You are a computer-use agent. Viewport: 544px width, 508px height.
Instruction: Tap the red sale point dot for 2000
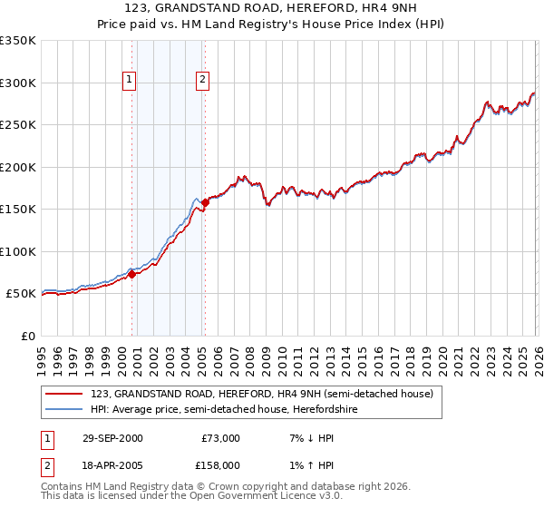(132, 274)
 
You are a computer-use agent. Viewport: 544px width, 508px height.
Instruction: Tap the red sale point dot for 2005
(205, 202)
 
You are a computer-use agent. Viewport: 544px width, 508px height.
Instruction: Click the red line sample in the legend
(65, 394)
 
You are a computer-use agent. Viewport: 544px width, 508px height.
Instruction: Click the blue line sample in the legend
(65, 409)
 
